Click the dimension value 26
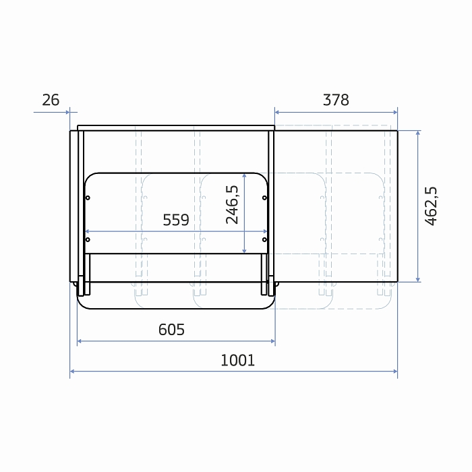pyautogui.click(x=51, y=100)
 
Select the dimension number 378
pyautogui.click(x=336, y=100)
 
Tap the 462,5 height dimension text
pyautogui.click(x=431, y=206)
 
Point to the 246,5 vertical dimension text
pyautogui.click(x=232, y=205)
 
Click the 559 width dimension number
pyautogui.click(x=176, y=220)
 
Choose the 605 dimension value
pyautogui.click(x=171, y=330)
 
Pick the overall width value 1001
pyautogui.click(x=238, y=360)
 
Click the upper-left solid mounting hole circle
pyautogui.click(x=88, y=198)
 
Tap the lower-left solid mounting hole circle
pyautogui.click(x=88, y=239)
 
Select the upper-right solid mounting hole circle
pyautogui.click(x=264, y=198)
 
